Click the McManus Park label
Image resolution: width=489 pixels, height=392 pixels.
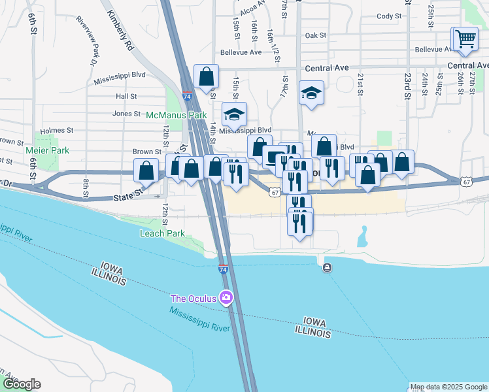coord(175,115)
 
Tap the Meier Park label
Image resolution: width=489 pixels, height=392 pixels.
coord(47,150)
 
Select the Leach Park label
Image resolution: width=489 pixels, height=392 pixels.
coord(162,233)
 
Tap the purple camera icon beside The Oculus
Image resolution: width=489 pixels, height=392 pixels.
coord(226,299)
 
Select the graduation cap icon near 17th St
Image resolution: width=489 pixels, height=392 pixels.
coord(312,93)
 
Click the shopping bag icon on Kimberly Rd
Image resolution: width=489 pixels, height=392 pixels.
coord(207,76)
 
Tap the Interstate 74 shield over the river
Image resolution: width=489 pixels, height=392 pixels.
coord(223,269)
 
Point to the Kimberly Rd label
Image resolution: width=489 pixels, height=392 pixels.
coord(122,31)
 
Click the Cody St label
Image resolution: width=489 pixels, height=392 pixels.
coord(389,16)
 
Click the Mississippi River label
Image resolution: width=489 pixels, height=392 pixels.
coord(200,318)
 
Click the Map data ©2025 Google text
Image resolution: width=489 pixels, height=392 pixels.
coord(448,387)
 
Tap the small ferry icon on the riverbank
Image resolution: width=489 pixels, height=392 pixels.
coord(326,267)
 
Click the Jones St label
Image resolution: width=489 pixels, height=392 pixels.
coord(127,113)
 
